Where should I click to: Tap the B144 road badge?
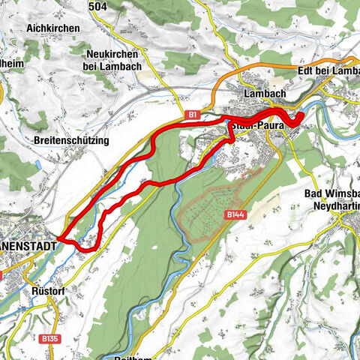pyautogui.click(x=235, y=214)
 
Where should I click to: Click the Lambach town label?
pyautogui.click(x=263, y=94)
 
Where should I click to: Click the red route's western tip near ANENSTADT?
pyautogui.click(x=58, y=240)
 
